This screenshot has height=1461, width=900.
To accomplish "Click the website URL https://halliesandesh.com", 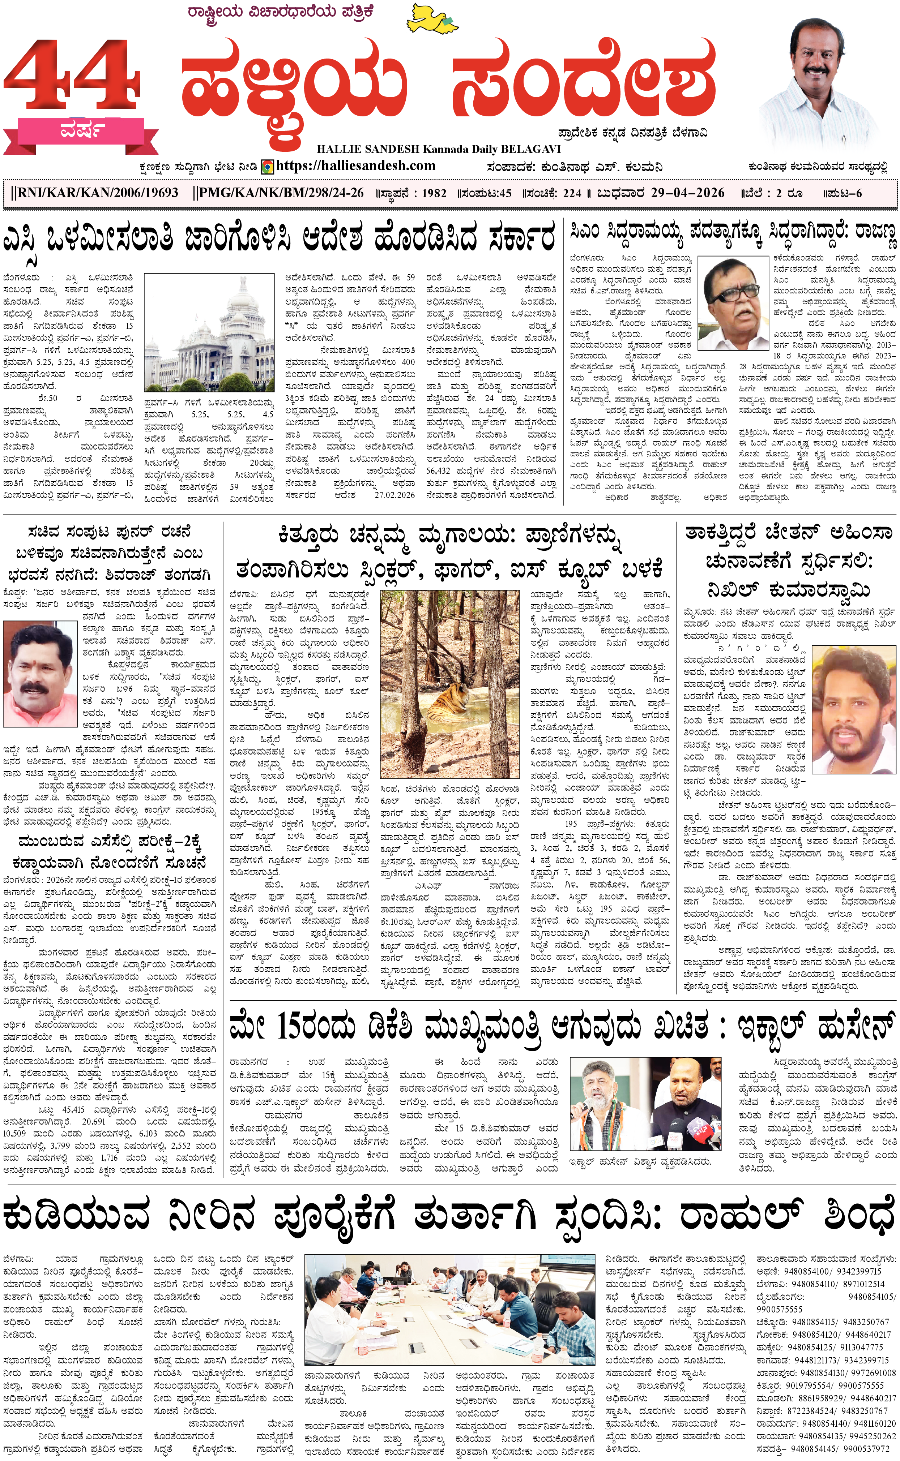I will point(355,166).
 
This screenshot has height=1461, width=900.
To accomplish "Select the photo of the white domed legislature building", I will point(208,333).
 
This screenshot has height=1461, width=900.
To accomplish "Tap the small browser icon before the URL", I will point(268,167).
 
